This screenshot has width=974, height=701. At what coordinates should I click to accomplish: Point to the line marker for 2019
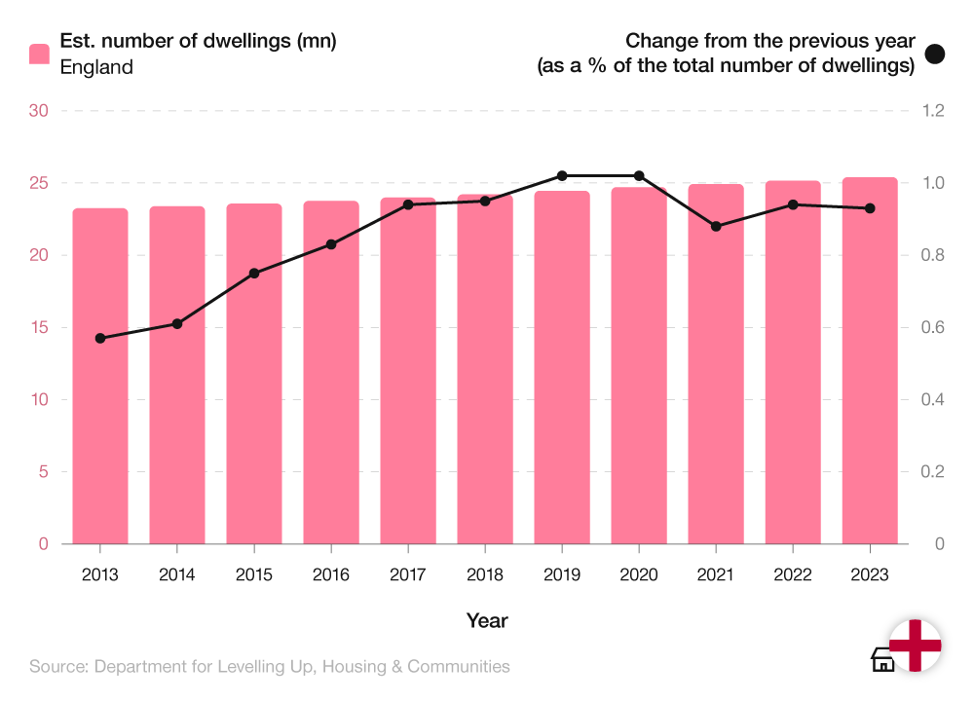point(562,176)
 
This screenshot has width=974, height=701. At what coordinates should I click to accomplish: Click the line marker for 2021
point(716,226)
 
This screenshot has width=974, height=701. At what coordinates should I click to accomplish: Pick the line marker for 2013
point(99,338)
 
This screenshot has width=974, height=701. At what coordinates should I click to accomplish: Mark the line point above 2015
point(254,274)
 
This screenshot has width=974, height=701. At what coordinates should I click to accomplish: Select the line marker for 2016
point(331,244)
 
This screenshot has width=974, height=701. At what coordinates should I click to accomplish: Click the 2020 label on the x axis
point(639,575)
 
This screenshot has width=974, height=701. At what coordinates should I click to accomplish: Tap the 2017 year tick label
point(408,575)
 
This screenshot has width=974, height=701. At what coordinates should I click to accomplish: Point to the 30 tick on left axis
point(39,111)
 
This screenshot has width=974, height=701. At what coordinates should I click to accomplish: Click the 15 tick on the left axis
point(39,327)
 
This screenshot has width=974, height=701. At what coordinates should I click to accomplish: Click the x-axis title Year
point(486,620)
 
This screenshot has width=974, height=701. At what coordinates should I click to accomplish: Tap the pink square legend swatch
point(39,55)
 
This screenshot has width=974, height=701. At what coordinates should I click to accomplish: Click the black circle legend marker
point(935,55)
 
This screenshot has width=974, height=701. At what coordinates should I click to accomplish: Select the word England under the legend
point(96,67)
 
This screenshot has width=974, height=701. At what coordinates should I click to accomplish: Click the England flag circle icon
point(916,646)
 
